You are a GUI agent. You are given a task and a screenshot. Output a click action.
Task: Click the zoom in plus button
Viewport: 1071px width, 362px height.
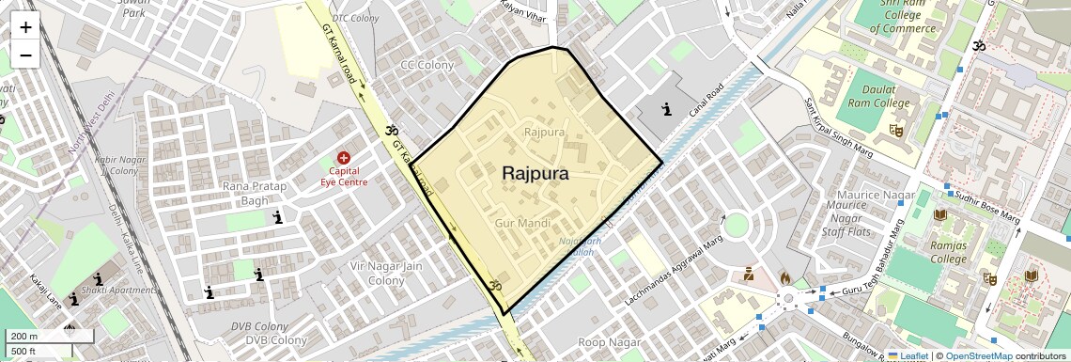coord(25,26)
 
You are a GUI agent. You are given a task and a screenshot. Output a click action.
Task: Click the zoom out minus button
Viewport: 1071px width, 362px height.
coord(25,55)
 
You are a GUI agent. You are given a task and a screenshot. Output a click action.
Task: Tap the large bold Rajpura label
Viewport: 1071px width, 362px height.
coord(535,174)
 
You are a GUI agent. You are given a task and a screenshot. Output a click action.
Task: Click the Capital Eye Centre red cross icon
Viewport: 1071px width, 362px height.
coord(344,158)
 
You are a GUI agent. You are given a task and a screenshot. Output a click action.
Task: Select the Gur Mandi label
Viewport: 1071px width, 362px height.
coord(521,224)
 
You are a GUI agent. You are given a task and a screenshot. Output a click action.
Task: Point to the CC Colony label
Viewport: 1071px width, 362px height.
coord(427,65)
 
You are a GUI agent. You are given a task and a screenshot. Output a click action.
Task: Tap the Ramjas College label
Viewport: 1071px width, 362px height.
coord(947,252)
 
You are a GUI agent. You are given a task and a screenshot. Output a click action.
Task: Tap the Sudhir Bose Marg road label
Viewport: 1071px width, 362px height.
coord(986,207)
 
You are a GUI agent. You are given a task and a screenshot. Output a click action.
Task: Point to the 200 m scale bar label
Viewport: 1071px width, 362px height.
coord(24,337)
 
